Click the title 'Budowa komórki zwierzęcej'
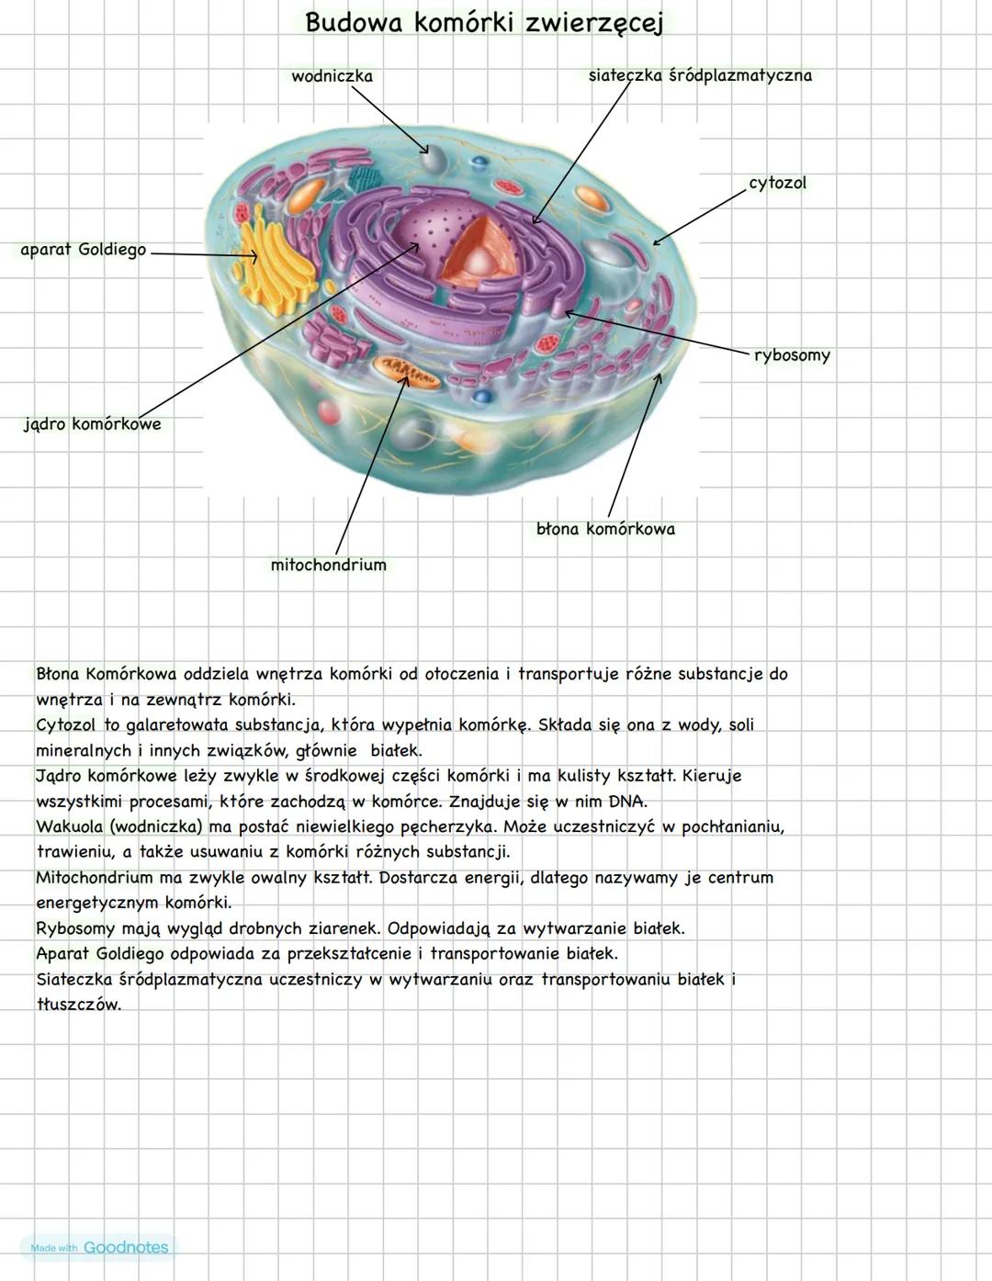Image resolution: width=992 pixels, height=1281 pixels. (x=483, y=23)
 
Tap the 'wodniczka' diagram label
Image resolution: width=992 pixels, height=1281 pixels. (x=332, y=76)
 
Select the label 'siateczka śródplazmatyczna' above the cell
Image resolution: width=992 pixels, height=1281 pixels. (x=700, y=75)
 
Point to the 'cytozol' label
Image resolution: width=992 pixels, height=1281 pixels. (x=777, y=183)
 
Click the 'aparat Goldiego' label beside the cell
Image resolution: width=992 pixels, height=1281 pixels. (x=83, y=250)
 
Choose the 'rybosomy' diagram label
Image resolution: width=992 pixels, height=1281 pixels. (x=792, y=355)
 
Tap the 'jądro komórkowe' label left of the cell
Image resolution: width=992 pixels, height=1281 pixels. (x=92, y=424)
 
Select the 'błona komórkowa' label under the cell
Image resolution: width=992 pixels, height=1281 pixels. (x=605, y=529)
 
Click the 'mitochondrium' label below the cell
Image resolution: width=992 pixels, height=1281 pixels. (x=328, y=565)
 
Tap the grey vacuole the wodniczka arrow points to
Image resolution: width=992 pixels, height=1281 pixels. (x=433, y=160)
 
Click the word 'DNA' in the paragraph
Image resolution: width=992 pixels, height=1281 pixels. (x=628, y=801)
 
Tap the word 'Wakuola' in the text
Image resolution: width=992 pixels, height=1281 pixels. (x=69, y=826)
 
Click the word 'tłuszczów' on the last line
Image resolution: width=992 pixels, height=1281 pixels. (x=79, y=1004)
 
